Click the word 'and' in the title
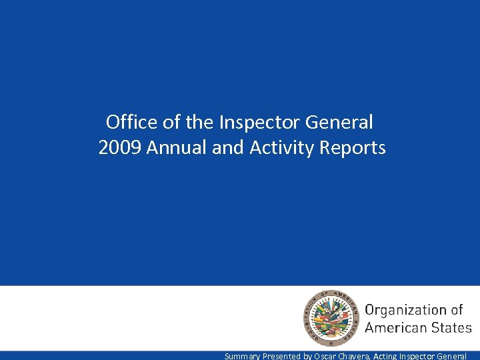coord(227,147)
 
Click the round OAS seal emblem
coord(330,319)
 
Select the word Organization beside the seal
coord(406,310)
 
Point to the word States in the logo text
coord(453,327)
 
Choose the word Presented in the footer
coord(282,356)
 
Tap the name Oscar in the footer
coord(325,356)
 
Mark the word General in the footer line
coord(459,356)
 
